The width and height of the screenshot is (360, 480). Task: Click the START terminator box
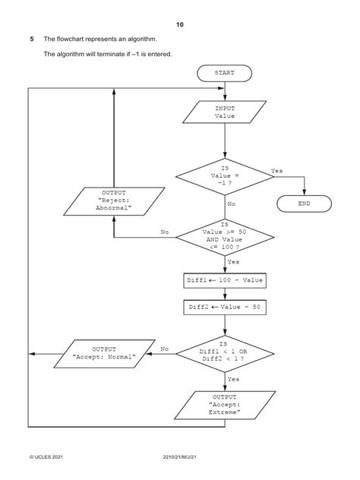(x=224, y=74)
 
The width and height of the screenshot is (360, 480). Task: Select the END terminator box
(x=304, y=204)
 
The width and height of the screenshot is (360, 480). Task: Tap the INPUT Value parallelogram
(x=225, y=113)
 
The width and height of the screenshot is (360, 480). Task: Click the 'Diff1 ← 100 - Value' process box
(x=225, y=280)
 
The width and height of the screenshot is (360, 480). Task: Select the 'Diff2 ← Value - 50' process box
(x=225, y=308)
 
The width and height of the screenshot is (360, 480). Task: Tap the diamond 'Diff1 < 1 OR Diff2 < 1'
(x=225, y=353)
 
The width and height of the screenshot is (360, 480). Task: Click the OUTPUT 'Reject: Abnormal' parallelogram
(x=114, y=203)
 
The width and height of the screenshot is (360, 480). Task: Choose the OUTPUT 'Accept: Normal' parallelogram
(x=104, y=353)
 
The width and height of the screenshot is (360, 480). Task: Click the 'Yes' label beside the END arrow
(x=277, y=171)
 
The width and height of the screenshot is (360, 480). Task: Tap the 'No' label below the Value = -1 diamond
(x=232, y=204)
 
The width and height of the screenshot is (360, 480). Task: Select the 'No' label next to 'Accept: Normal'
(x=164, y=349)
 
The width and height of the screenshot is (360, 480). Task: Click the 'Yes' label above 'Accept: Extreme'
(x=233, y=378)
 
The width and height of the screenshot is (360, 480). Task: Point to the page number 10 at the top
(x=180, y=25)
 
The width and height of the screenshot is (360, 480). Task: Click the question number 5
(x=31, y=39)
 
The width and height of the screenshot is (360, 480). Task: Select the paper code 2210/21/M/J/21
(x=180, y=458)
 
